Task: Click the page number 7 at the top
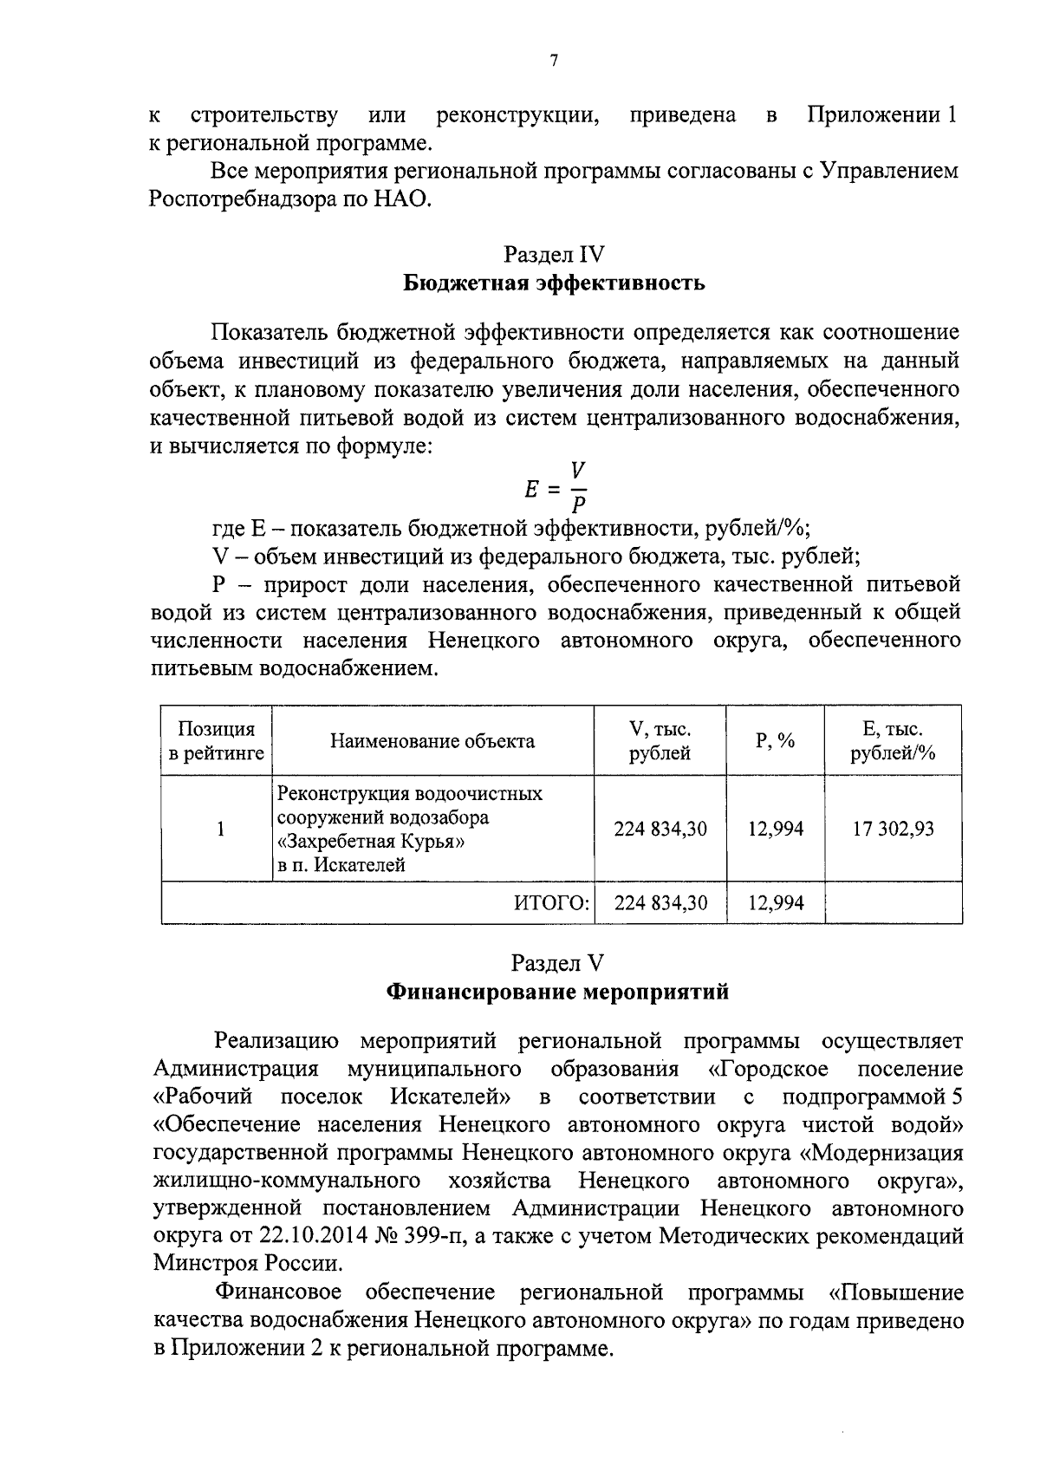tap(554, 60)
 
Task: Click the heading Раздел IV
tap(554, 255)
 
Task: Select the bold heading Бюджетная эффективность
tap(554, 283)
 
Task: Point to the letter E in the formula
tap(532, 489)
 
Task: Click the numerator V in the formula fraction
tap(578, 472)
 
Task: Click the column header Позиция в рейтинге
tap(217, 741)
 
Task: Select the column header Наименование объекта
tap(432, 741)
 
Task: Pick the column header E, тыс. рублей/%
tap(893, 741)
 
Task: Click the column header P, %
tap(776, 741)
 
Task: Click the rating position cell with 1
tap(221, 830)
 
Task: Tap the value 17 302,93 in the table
tap(893, 830)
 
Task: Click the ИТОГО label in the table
tap(552, 903)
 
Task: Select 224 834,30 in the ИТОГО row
tap(660, 903)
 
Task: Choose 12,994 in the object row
tap(776, 830)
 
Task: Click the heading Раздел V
tap(556, 963)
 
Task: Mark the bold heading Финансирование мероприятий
tap(556, 992)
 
